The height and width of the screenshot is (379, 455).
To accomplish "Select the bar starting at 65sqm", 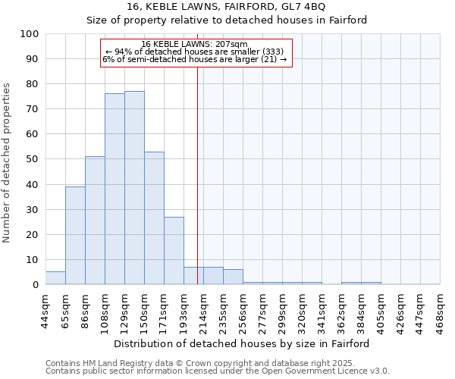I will (x=75, y=235).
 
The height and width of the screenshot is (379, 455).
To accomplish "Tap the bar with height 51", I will (x=95, y=220).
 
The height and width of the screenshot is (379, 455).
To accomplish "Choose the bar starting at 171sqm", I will (x=174, y=250).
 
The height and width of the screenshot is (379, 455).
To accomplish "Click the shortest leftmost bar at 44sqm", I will (x=55, y=278).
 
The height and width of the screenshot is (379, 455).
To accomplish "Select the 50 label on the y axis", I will (x=33, y=159).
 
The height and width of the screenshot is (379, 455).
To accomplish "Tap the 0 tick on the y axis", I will (x=36, y=285).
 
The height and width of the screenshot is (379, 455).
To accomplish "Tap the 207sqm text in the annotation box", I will (x=223, y=45).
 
